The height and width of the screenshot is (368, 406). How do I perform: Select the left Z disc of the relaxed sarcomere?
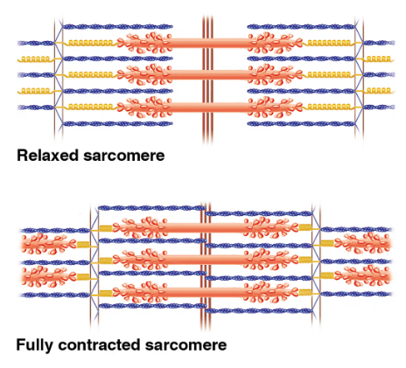pos(57,74)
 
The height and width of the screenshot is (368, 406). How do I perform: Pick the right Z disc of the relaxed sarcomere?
pos(356,74)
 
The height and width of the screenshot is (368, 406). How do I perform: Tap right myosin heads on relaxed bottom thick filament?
pos(266,107)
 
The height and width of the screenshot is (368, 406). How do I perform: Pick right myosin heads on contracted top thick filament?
pos(266,227)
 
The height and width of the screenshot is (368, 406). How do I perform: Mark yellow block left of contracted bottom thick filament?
pos(106,291)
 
